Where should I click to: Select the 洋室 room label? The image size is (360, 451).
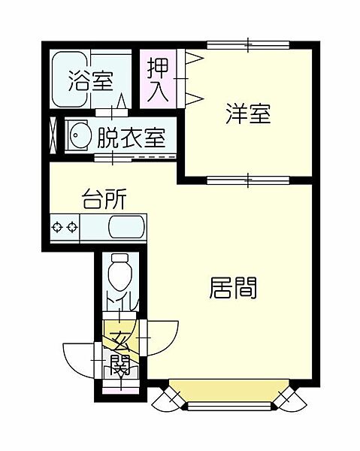pyautogui.click(x=248, y=115)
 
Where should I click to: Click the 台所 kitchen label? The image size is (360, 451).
pyautogui.click(x=104, y=201)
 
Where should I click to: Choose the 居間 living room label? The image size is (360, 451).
pyautogui.click(x=232, y=288)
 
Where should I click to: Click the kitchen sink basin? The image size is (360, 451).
pyautogui.click(x=127, y=226)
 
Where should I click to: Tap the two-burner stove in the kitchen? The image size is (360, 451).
pyautogui.click(x=65, y=226)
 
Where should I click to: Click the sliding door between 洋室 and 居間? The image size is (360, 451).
pyautogui.click(x=247, y=179)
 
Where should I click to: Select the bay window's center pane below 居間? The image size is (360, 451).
pyautogui.click(x=230, y=407)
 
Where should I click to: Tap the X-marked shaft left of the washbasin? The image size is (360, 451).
pyautogui.click(x=53, y=135)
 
